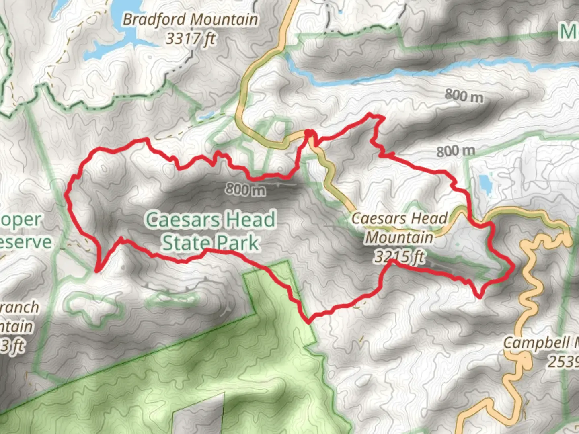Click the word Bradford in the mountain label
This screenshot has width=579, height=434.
[x=154, y=19]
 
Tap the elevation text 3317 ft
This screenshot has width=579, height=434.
[x=190, y=39]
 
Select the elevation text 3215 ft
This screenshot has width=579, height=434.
[x=399, y=256]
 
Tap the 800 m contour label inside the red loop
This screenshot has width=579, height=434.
[x=245, y=189]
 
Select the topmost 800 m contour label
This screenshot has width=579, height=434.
[x=464, y=96]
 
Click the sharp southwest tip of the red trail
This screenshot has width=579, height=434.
[x=97, y=271]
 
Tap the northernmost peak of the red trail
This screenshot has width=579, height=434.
[x=370, y=116]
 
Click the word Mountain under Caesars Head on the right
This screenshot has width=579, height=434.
[x=399, y=237]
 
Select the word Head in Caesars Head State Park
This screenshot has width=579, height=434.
[x=249, y=220]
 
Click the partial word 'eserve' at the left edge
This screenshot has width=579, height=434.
[x=26, y=242]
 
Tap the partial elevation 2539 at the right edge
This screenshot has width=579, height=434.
[x=563, y=362]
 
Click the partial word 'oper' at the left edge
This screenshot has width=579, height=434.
[x=21, y=220]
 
